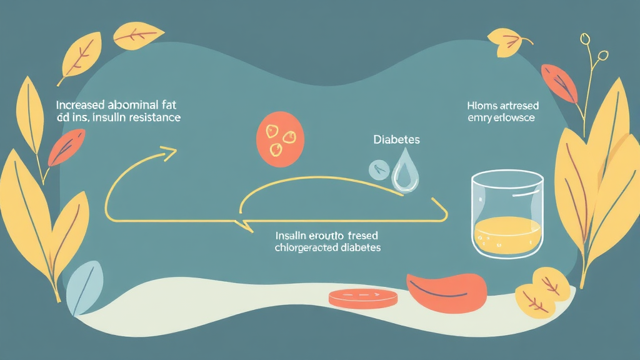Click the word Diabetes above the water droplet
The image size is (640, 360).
396,140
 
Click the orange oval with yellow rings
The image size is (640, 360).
280,139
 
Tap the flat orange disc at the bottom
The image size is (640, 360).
362,297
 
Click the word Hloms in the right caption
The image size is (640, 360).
480,106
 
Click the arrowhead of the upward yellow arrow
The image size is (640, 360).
167,152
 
